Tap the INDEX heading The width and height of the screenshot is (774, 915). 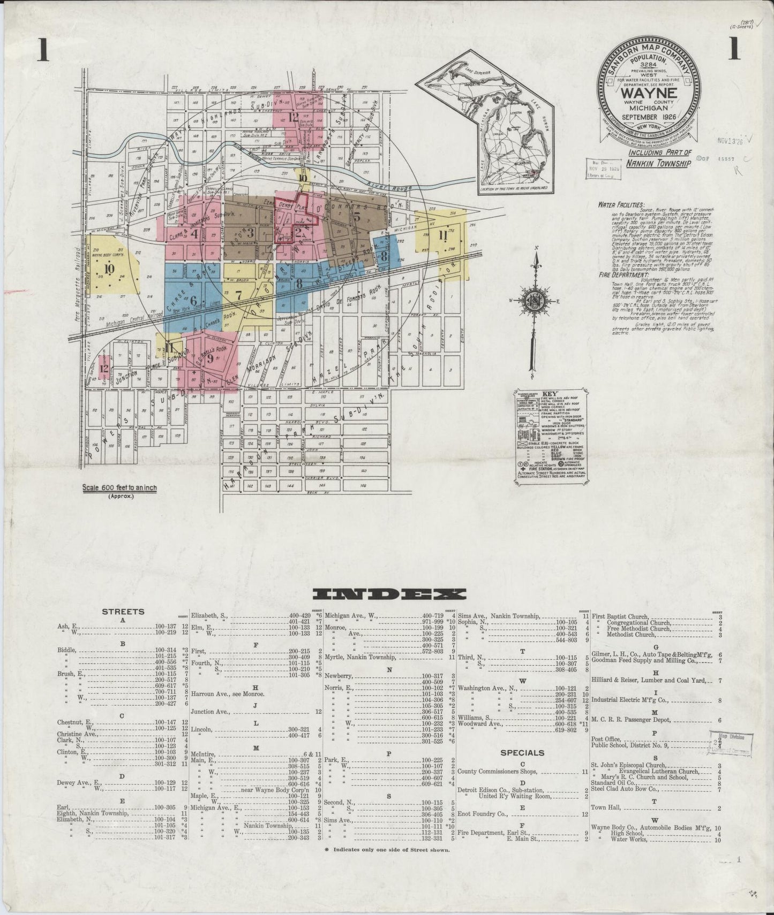[x=389, y=594]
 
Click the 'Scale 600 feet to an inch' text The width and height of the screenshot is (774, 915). [x=119, y=488]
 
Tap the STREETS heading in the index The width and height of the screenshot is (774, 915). [x=123, y=612]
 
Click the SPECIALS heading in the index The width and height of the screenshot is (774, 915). [x=522, y=752]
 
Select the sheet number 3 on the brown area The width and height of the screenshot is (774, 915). [x=250, y=232]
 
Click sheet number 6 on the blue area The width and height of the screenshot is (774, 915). [x=193, y=301]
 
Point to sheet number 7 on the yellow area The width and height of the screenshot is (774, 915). [x=239, y=294]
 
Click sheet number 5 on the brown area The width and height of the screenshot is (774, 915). [x=356, y=217]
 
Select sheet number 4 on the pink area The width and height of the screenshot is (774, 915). [x=194, y=233]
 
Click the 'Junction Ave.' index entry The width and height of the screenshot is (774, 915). [x=210, y=712]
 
